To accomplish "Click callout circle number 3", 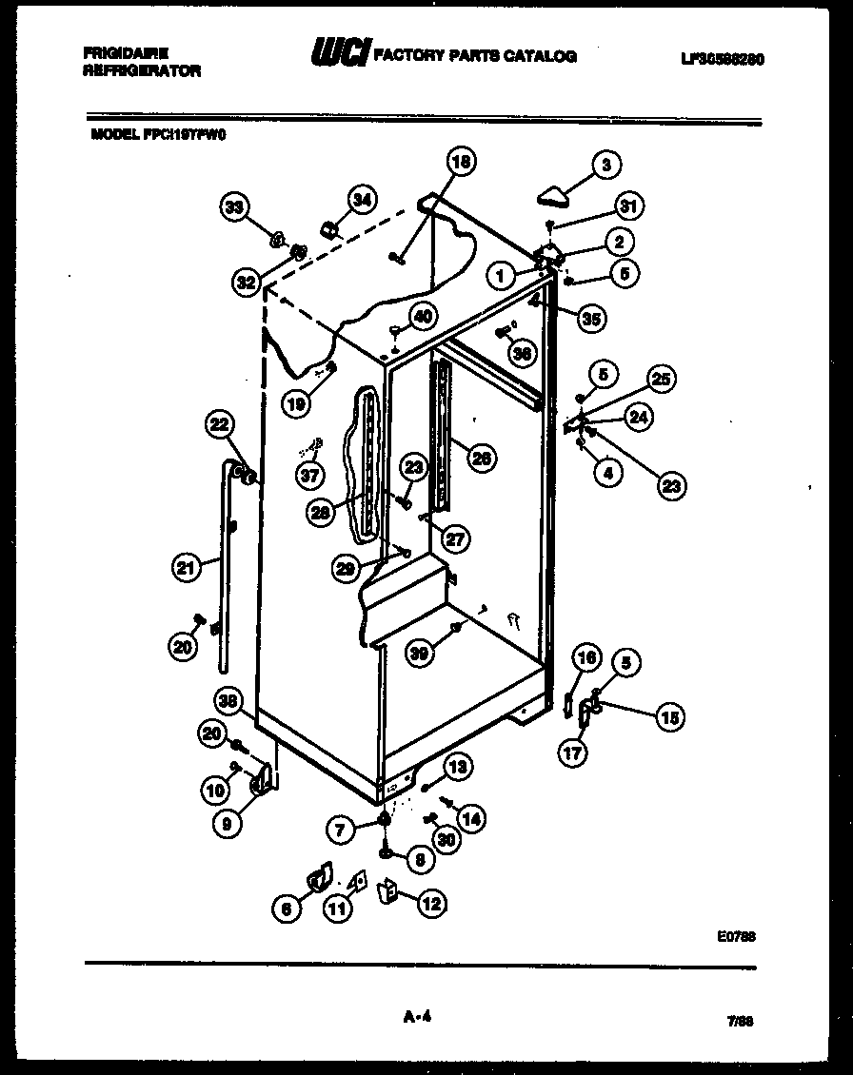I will (605, 166).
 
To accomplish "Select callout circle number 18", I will (461, 163).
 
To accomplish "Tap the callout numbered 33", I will (234, 206).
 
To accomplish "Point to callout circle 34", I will (361, 200).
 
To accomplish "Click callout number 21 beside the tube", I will (187, 569).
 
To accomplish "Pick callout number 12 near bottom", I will (430, 904).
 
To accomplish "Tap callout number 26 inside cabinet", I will (483, 458).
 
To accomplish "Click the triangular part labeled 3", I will (553, 197).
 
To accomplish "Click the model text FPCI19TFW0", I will (186, 135).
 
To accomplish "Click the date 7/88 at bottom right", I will (740, 1019).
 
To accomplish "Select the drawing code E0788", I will (737, 936).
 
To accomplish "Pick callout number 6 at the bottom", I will (284, 909).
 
